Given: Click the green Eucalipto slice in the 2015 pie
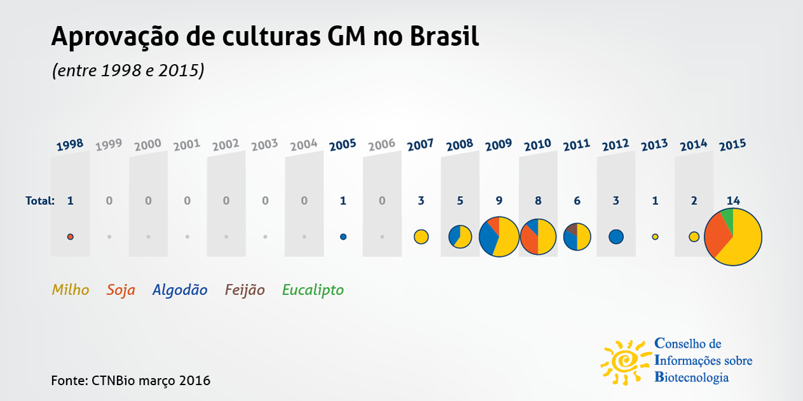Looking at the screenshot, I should click(x=727, y=219).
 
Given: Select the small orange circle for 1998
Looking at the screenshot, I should click(x=71, y=237).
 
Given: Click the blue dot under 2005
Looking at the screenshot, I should click(x=343, y=237).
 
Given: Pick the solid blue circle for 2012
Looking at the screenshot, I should click(x=616, y=237).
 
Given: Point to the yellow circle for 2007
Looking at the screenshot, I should click(x=421, y=237).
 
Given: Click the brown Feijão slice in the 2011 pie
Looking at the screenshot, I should click(x=571, y=230).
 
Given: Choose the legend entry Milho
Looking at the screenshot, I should click(x=71, y=290).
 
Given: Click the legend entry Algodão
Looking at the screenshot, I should click(x=180, y=290).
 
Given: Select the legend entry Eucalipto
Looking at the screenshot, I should click(x=313, y=290).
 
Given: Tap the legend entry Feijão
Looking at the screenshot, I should click(x=245, y=290).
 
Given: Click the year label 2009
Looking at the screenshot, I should click(x=499, y=145).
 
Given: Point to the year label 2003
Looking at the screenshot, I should click(x=265, y=145).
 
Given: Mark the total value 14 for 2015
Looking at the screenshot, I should click(x=733, y=201).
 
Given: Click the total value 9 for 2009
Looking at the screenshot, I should click(x=499, y=201).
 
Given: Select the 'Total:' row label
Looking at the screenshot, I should click(x=39, y=201).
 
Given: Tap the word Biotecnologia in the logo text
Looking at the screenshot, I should click(x=692, y=378).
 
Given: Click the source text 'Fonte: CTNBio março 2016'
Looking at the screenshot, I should click(x=130, y=381).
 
